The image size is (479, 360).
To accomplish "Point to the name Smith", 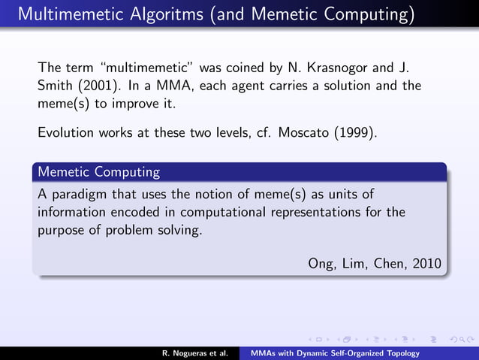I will [x=55, y=86].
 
